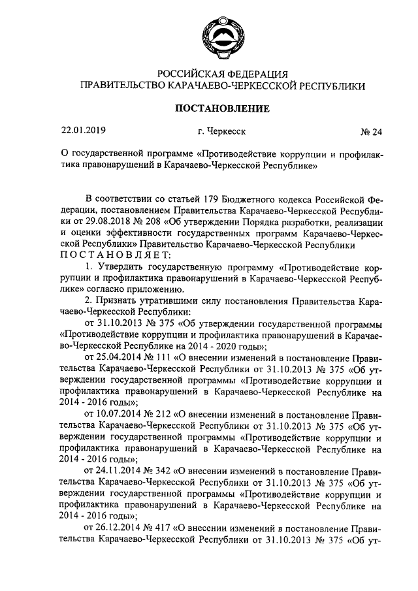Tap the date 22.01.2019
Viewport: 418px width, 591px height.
(84, 131)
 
